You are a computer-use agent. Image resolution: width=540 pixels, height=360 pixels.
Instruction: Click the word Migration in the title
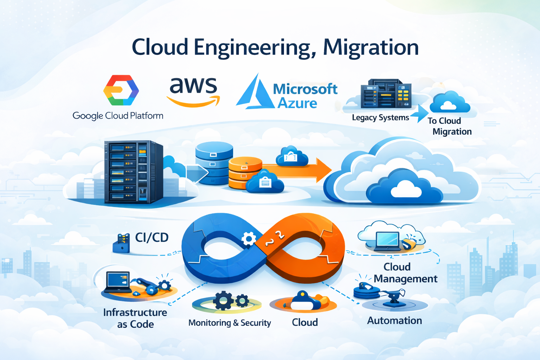click(x=371, y=47)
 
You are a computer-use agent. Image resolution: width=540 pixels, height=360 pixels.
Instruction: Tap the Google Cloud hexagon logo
click(x=121, y=90)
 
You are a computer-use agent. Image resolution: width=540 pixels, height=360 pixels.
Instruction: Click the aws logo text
click(x=193, y=86)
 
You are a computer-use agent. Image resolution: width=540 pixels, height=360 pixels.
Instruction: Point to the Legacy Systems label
click(x=380, y=117)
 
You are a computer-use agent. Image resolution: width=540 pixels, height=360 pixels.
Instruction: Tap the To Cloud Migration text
click(x=449, y=126)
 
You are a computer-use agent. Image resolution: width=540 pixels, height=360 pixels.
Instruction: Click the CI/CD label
click(x=152, y=238)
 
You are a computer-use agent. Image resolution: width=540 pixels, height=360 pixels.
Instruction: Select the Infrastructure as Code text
click(x=135, y=318)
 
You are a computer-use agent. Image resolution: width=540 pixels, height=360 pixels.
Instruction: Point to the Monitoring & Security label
click(x=230, y=323)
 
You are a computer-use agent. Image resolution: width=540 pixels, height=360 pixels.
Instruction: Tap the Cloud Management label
click(x=405, y=273)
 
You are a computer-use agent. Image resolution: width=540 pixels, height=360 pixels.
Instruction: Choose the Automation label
click(x=394, y=321)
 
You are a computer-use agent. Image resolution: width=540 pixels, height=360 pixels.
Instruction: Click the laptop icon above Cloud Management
click(x=387, y=241)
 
